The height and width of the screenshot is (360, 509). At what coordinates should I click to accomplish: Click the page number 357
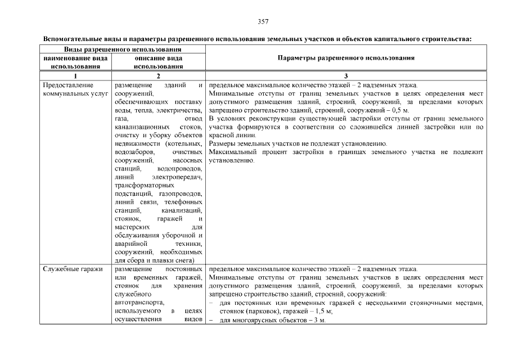click(263, 22)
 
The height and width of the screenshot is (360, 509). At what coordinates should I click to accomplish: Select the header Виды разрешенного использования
click(123, 49)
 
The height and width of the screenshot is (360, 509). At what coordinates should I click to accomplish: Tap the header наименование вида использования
click(75, 62)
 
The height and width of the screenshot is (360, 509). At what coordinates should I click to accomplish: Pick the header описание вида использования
click(158, 62)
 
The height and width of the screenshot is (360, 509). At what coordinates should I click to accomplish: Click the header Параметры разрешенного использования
click(346, 58)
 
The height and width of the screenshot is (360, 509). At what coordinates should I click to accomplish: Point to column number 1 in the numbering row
click(75, 76)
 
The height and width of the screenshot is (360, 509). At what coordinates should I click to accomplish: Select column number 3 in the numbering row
click(346, 76)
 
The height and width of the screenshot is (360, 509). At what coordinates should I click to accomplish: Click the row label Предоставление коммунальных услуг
click(68, 90)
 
